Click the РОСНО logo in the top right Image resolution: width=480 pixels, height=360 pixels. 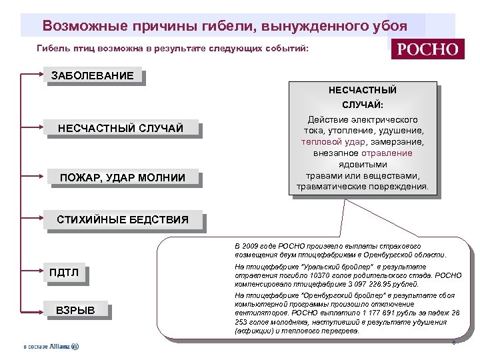tap(428, 50)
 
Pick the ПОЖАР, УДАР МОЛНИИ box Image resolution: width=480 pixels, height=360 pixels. tap(122, 177)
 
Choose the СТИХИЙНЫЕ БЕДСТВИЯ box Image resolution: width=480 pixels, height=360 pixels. tap(123, 219)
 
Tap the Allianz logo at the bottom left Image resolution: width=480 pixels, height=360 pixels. tap(51, 347)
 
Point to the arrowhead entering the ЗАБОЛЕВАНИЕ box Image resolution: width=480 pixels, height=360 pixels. tap(43, 75)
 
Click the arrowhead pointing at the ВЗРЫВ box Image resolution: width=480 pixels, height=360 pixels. tap(43, 310)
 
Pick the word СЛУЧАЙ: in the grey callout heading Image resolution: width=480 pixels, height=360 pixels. tap(363, 105)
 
